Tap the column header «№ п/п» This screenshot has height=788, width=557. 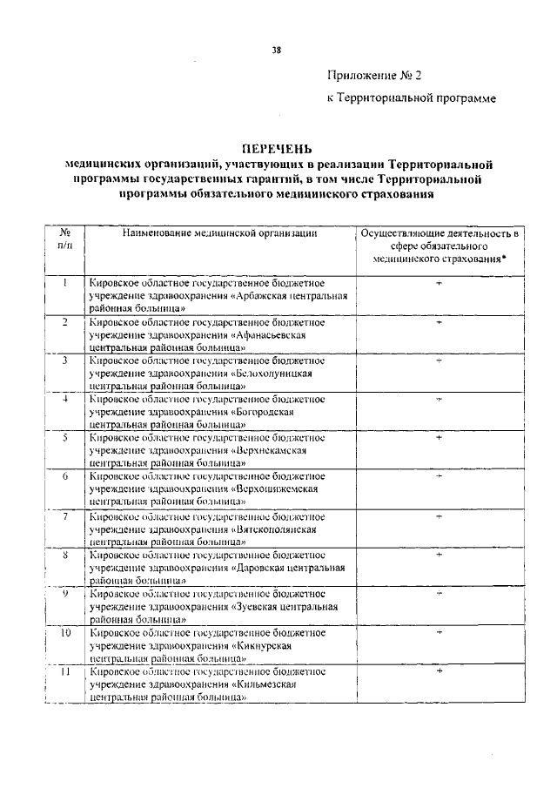pos(64,239)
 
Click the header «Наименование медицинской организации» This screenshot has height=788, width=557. pos(218,233)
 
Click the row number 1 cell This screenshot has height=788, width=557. pos(64,284)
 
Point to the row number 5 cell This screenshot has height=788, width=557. pos(64,438)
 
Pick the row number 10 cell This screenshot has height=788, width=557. pos(64,632)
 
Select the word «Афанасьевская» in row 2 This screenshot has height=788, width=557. pos(272,334)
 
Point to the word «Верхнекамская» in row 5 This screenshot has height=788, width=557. pos(272,450)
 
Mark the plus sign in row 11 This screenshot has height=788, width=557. pos(440,671)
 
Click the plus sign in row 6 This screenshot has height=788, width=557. pos(440,477)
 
